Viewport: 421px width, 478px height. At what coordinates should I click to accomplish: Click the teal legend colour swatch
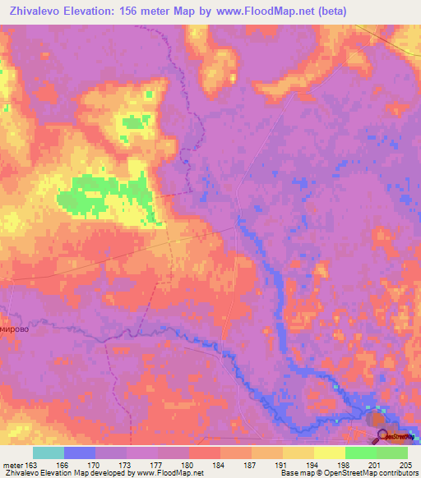pos(48,453)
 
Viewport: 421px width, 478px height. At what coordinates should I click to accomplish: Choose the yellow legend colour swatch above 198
pos(329,453)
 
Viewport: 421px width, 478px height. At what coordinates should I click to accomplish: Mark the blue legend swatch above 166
pos(80,453)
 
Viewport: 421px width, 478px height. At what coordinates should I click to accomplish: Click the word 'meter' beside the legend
pos(12,464)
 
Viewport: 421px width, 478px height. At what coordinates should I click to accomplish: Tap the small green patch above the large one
pos(132,122)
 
